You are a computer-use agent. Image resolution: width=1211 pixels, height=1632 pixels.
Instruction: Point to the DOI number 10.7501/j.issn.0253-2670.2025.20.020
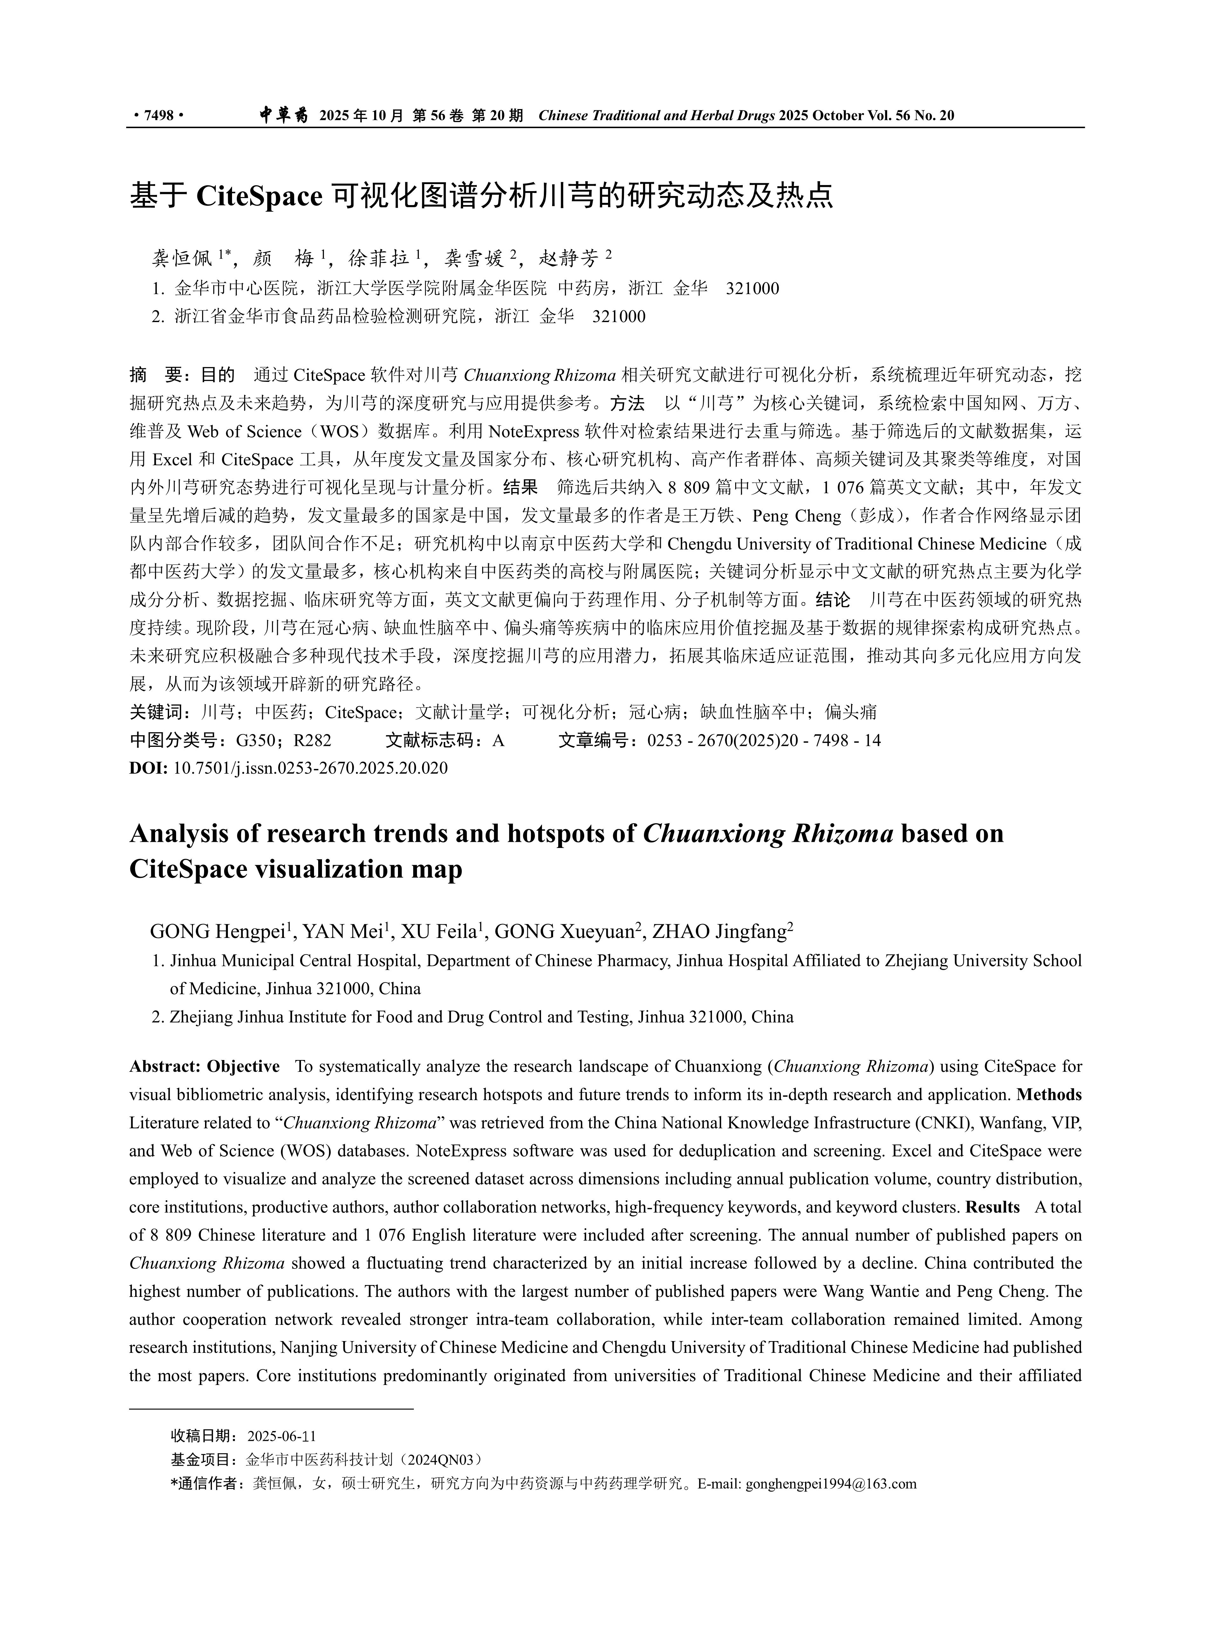tap(310, 768)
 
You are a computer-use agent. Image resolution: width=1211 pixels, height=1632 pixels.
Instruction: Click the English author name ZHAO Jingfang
tap(718, 932)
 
